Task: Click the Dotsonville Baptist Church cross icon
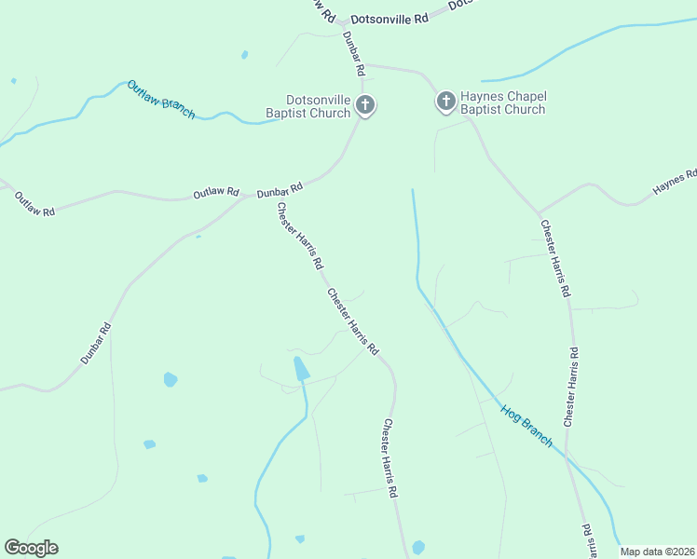coord(366,105)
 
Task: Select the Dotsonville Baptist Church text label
coord(319,105)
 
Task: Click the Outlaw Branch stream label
coord(161,98)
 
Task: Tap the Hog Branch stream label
coord(526,425)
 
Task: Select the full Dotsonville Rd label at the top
coord(389,19)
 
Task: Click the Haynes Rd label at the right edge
coord(676,182)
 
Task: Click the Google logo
coord(31,548)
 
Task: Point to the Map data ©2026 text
coord(657,552)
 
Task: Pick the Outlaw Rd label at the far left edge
coord(34,204)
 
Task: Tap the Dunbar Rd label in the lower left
coord(96,342)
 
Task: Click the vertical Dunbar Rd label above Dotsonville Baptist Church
coord(353,53)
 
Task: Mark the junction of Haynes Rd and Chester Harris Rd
coord(538,213)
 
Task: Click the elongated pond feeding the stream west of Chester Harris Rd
coord(301,369)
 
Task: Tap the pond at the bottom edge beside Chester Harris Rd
coord(418,548)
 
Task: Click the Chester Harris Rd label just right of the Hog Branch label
coord(570,387)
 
